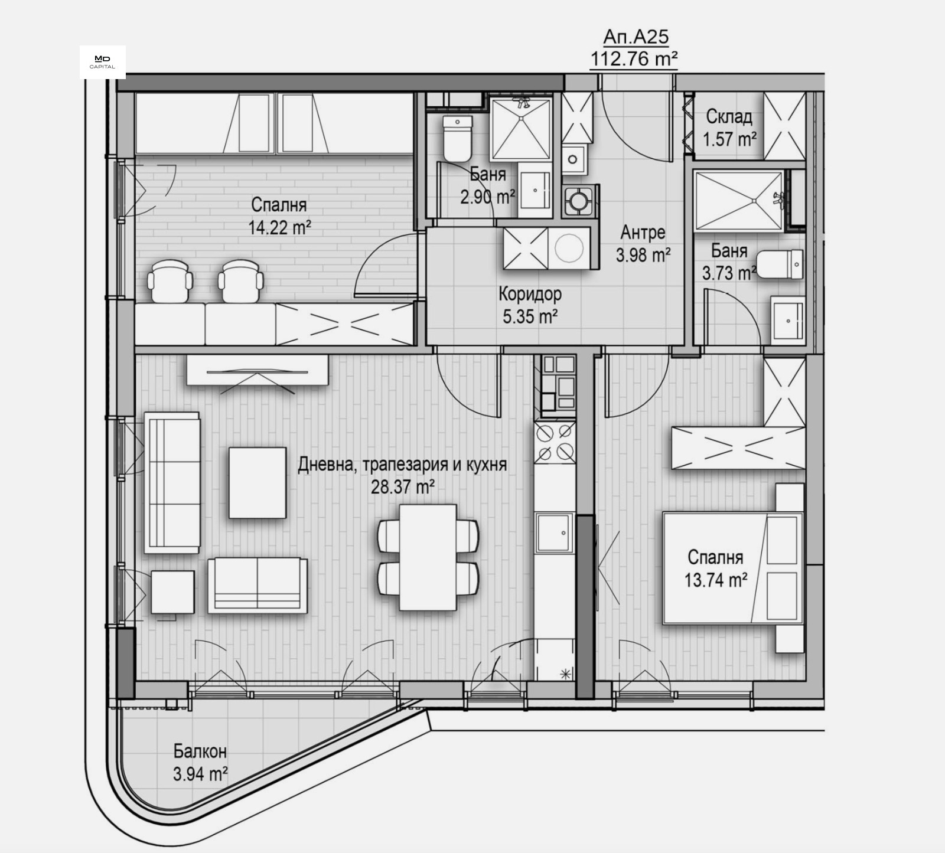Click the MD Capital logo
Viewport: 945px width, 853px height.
click(x=103, y=62)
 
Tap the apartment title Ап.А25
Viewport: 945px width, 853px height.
click(x=636, y=37)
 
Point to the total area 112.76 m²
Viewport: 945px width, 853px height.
click(x=634, y=58)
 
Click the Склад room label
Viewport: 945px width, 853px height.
click(x=729, y=116)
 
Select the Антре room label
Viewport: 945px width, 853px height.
click(x=643, y=233)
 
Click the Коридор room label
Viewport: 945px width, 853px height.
click(x=530, y=293)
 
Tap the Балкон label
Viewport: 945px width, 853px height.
click(x=200, y=751)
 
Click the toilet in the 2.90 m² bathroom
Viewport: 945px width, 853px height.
click(x=458, y=138)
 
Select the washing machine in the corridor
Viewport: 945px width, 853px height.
click(x=569, y=249)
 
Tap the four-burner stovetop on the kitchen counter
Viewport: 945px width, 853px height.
click(x=555, y=442)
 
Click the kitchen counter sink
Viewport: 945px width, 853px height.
click(x=555, y=533)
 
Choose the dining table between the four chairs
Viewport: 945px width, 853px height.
click(x=428, y=557)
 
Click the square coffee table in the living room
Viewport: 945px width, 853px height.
click(x=258, y=482)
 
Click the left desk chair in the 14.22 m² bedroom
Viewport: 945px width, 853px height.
click(x=170, y=282)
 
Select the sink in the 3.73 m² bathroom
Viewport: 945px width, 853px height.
click(x=787, y=320)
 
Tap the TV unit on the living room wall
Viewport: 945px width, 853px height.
click(x=258, y=371)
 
